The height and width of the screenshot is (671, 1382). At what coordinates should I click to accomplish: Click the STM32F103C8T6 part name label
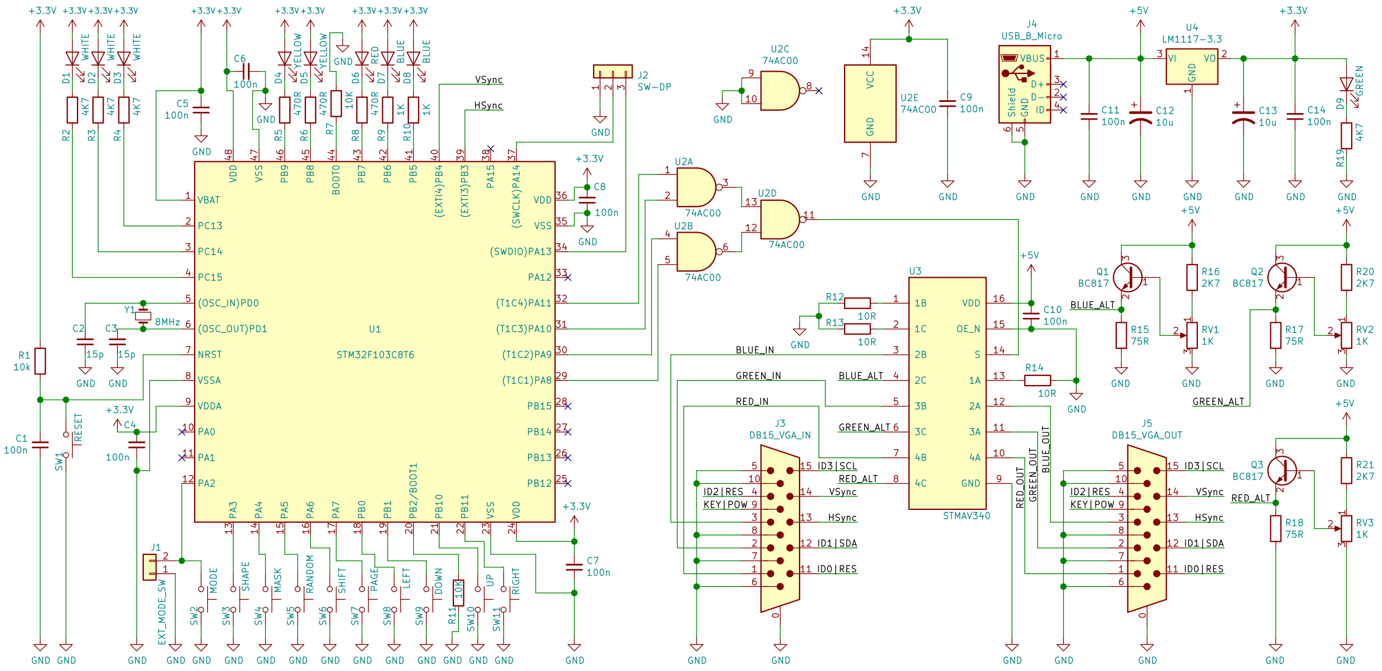point(375,355)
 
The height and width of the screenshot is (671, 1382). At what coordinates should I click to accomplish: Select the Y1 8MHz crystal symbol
point(143,316)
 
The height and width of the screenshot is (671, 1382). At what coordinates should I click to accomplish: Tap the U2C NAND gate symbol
point(779,91)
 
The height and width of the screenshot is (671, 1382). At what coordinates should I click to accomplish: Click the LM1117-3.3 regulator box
point(1191,66)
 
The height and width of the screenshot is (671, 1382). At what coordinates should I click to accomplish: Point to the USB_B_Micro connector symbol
point(1025,84)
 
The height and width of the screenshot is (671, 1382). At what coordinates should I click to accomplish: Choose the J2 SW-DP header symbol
point(613,72)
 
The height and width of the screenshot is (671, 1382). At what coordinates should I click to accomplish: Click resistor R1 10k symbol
point(40,361)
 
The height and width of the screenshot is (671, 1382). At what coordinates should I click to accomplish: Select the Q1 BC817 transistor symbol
point(1127,277)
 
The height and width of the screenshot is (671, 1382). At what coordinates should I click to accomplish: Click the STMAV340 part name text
point(966,516)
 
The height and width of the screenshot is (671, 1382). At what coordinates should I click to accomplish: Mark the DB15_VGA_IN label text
point(779,435)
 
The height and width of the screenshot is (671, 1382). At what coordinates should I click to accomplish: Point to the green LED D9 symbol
point(1346,85)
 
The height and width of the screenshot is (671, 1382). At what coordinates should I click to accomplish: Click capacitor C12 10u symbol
point(1140,117)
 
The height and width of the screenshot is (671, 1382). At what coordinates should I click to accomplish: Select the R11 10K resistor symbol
point(458,592)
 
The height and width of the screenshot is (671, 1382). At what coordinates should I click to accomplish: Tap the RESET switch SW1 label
point(78,428)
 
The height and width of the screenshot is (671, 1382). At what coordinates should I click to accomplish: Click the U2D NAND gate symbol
point(779,219)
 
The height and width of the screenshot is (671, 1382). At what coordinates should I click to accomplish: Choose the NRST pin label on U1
point(210,355)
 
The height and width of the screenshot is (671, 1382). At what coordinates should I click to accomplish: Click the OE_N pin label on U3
point(968,329)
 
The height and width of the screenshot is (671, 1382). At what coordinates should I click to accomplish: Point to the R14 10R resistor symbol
point(1037,380)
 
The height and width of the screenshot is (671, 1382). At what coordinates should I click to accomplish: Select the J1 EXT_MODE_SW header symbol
point(150,567)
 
